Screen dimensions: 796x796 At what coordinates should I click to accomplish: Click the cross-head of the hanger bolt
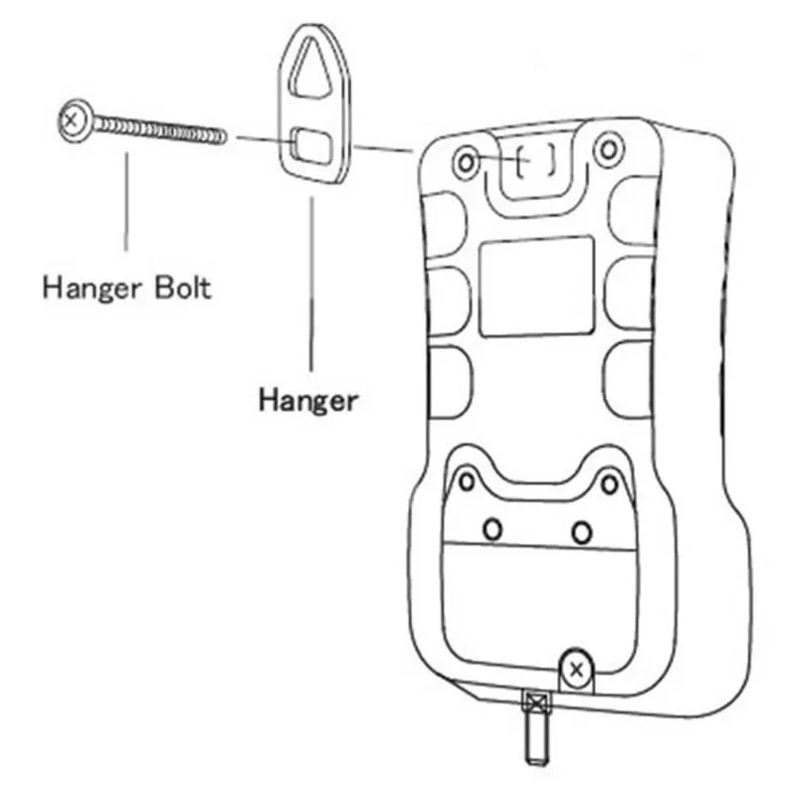[71, 122]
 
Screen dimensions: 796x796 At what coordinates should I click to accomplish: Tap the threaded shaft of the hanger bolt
[159, 129]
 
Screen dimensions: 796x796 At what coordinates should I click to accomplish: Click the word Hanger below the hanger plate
[307, 400]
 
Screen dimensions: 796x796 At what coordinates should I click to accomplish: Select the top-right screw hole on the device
[607, 151]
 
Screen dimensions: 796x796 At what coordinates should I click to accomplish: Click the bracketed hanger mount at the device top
[536, 158]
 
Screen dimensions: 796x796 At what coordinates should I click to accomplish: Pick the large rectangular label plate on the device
[537, 286]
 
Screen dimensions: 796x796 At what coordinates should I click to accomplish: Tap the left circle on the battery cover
[492, 528]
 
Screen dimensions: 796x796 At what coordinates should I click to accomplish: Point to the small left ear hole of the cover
[465, 482]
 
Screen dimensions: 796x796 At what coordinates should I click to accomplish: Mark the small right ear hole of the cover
[611, 484]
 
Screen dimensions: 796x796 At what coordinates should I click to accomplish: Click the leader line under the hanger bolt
[126, 199]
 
